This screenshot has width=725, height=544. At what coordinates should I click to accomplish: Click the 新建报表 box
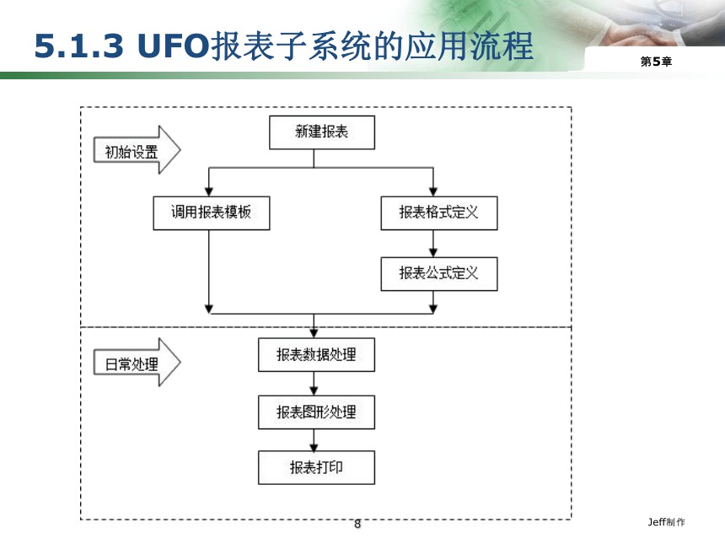(x=322, y=132)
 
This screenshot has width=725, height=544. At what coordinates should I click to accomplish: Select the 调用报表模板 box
(x=212, y=213)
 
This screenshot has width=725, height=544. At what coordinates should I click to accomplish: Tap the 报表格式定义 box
(x=438, y=213)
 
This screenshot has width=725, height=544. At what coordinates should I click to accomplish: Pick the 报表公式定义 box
(x=438, y=274)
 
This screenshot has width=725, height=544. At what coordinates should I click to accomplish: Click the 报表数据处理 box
(x=316, y=355)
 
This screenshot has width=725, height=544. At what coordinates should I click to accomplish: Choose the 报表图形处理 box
(x=316, y=412)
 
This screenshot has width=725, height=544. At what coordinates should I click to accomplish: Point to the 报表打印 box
(x=316, y=468)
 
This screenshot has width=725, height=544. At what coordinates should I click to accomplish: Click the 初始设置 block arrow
(x=137, y=150)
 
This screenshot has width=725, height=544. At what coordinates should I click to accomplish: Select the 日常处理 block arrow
(x=137, y=362)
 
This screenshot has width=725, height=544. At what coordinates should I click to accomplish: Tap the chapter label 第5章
(x=656, y=62)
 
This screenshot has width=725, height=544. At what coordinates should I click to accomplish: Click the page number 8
(x=357, y=524)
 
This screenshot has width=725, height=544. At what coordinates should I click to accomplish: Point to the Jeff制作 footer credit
(x=666, y=522)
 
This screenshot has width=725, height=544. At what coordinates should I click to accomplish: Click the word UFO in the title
(x=174, y=46)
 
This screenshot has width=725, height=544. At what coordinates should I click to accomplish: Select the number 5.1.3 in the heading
(x=79, y=46)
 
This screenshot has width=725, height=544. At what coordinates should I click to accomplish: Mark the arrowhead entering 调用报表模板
(x=209, y=191)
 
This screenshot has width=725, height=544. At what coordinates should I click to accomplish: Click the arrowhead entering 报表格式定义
(x=433, y=191)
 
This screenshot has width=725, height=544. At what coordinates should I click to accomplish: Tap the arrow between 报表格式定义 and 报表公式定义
(x=433, y=244)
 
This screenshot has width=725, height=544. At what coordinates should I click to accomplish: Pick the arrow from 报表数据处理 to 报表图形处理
(x=314, y=384)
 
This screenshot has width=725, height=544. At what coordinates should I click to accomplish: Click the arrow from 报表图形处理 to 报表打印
(x=314, y=440)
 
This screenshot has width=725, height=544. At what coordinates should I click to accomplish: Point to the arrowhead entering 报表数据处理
(x=314, y=333)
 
